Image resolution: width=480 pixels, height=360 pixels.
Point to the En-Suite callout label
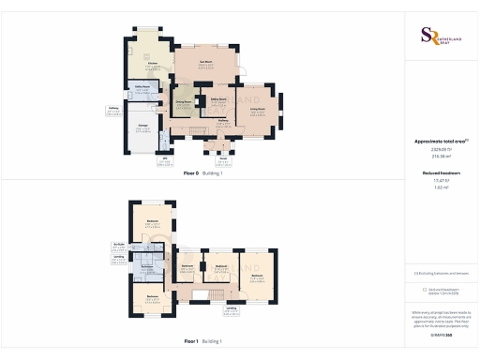click(x=119, y=245)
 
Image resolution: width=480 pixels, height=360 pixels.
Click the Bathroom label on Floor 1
click(x=221, y=265)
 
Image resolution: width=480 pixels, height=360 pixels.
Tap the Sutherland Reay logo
click(x=440, y=36)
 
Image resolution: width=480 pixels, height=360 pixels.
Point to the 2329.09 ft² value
click(x=441, y=149)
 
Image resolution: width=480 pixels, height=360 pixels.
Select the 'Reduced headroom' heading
click(x=440, y=174)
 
